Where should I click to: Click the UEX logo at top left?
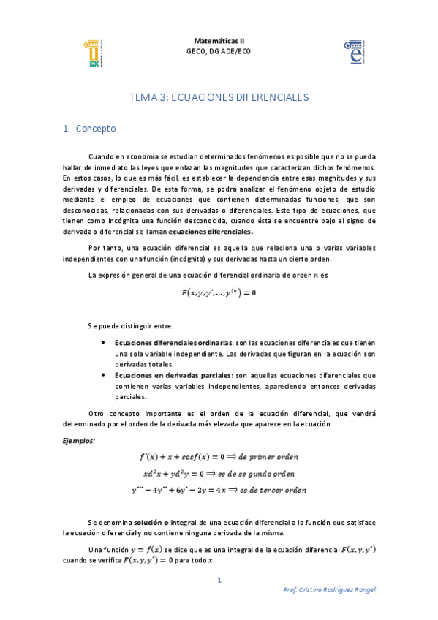coord(93,54)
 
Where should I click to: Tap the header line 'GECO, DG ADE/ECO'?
coord(219,51)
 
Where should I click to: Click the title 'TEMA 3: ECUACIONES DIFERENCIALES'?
coord(219,97)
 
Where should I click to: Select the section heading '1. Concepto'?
coord(90,129)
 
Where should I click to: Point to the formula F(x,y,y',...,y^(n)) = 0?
coord(219,292)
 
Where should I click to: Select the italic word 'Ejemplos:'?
coord(78,441)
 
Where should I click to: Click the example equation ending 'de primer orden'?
coord(219,456)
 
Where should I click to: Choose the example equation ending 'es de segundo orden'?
coord(219,473)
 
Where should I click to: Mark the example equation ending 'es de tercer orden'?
coord(219,490)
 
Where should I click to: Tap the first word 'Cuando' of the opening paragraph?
coord(102,156)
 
